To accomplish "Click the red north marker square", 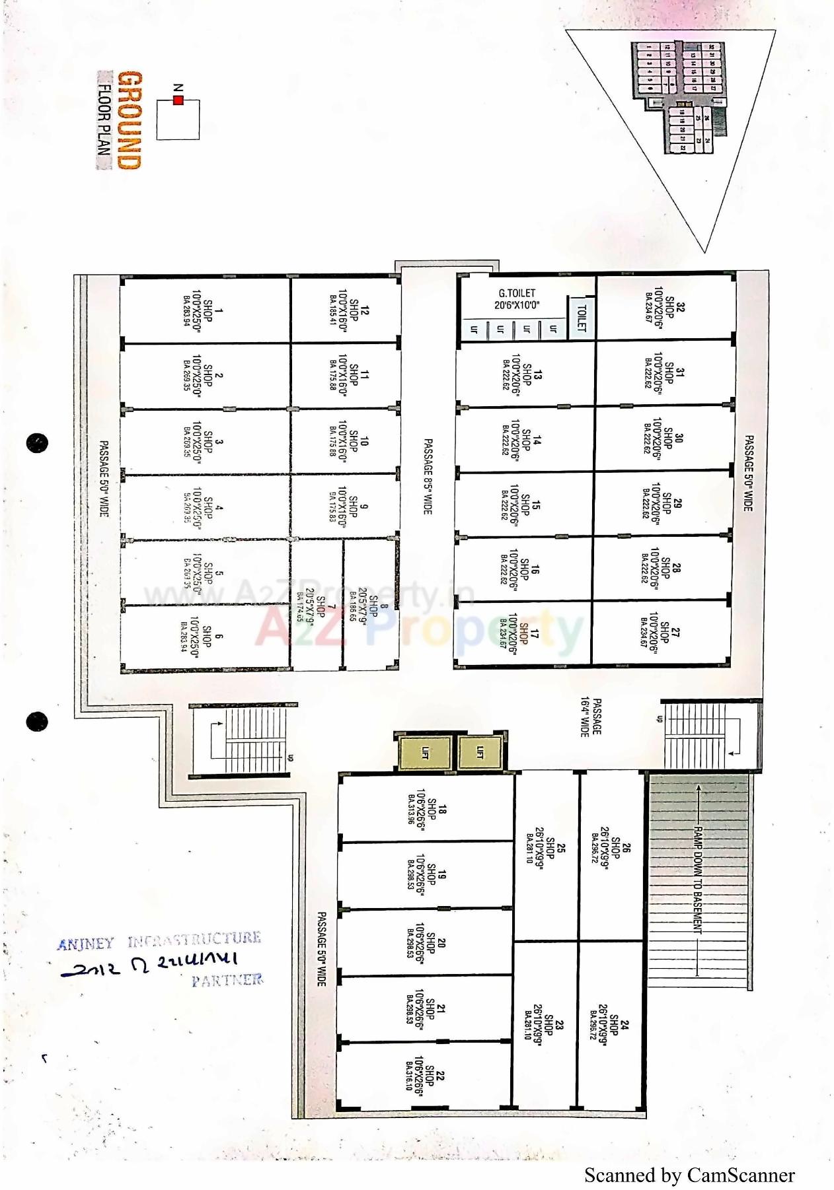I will click(x=177, y=100).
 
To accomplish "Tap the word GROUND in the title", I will click(x=129, y=120).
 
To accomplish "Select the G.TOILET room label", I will click(x=517, y=299).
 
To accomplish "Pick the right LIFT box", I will click(x=480, y=752).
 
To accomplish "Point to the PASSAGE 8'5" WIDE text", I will click(x=428, y=476).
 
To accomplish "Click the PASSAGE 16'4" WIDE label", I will click(x=590, y=718).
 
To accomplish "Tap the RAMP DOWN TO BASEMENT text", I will click(x=697, y=878).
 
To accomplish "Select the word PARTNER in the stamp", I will click(x=227, y=980).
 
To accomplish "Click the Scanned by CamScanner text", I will click(x=689, y=1175).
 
